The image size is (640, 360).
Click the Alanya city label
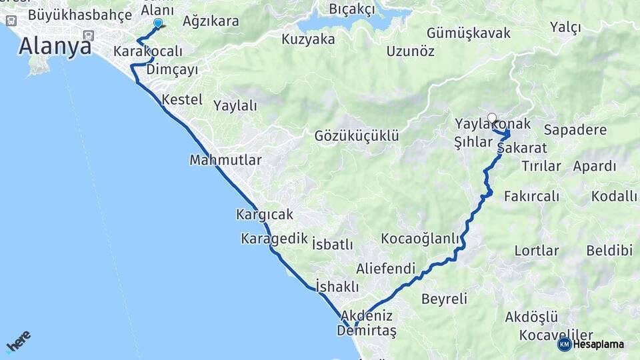click(55, 46)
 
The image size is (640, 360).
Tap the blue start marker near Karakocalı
click(158, 23)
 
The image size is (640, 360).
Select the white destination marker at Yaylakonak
click(492, 118)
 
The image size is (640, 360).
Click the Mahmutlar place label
click(225, 160)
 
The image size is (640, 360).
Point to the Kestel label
click(182, 99)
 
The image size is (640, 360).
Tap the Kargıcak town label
click(265, 215)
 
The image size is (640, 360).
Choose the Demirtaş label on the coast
click(367, 331)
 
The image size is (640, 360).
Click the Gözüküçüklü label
click(357, 136)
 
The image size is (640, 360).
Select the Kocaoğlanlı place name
click(421, 239)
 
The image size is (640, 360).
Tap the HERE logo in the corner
click(18, 341)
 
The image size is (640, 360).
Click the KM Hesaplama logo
click(591, 344)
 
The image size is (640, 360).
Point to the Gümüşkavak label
click(468, 33)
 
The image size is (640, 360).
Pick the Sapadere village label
click(575, 129)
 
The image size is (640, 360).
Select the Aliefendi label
click(385, 269)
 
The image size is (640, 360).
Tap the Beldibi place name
click(609, 251)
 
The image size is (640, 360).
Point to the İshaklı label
click(337, 287)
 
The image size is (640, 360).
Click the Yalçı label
click(565, 27)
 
